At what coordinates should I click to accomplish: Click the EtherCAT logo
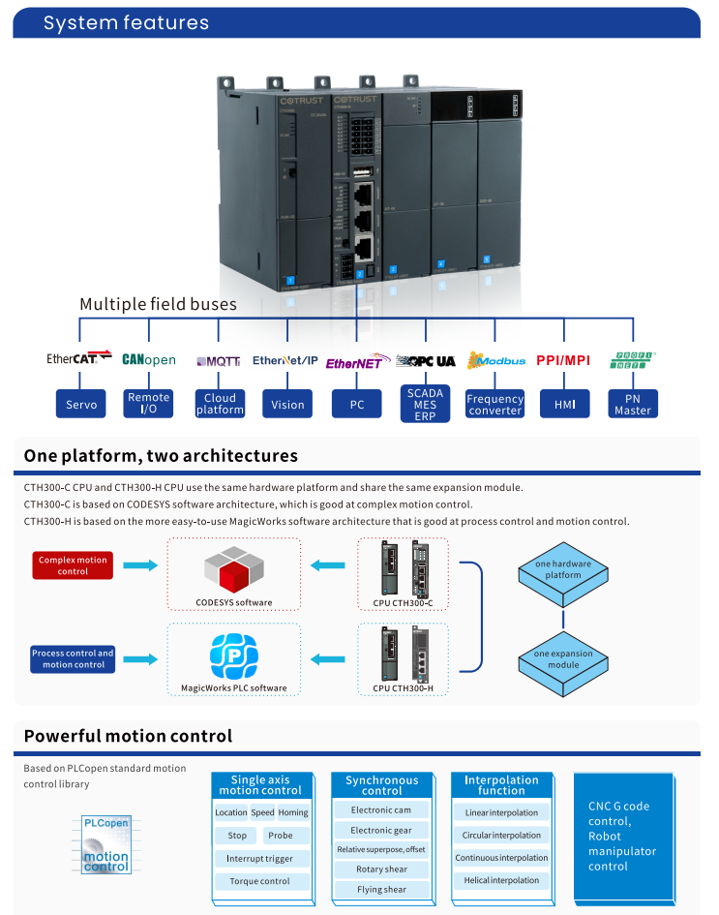[x=79, y=359]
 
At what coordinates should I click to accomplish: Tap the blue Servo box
[x=81, y=405]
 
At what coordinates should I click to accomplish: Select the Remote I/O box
[x=149, y=404]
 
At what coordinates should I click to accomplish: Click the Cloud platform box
[x=220, y=404]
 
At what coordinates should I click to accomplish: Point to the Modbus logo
[x=495, y=360]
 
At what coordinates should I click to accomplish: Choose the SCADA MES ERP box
[x=425, y=405]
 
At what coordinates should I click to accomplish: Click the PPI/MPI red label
[x=562, y=360]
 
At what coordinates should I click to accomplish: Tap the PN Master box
[x=633, y=404]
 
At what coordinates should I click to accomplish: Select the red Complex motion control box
[x=73, y=565]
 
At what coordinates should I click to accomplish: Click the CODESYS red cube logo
[x=233, y=570]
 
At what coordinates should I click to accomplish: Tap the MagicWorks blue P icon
[x=233, y=656]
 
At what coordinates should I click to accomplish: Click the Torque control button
[x=259, y=881]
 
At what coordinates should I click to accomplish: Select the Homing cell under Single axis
[x=293, y=812]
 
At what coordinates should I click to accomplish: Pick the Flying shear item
[x=381, y=889]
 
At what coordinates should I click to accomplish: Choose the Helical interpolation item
[x=501, y=880]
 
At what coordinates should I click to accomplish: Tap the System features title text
[x=126, y=23]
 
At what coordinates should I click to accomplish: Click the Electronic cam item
[x=381, y=810]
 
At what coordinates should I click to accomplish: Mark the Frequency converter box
[x=494, y=405]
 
